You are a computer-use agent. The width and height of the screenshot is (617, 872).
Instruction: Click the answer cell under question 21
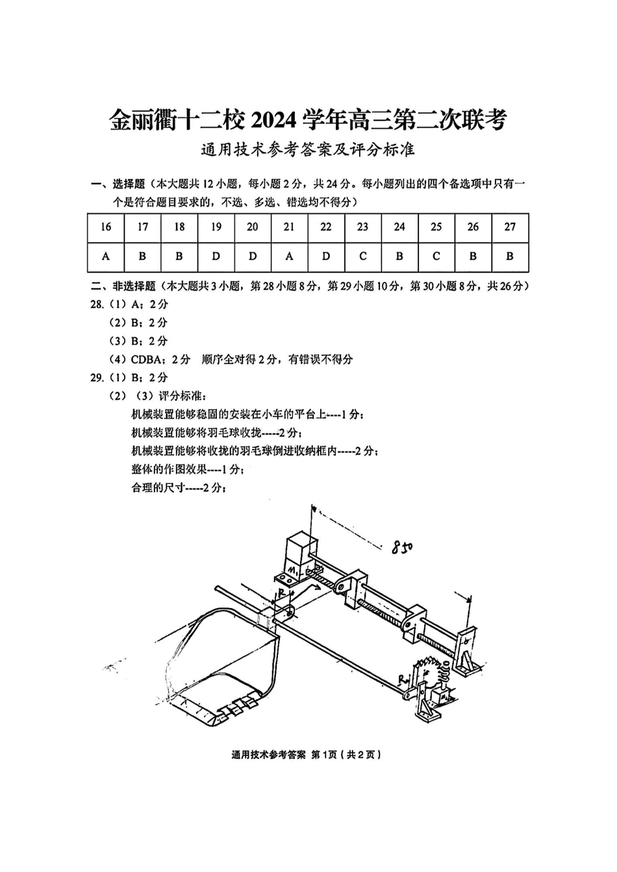289,257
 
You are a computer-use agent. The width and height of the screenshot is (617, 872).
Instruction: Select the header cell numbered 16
106,227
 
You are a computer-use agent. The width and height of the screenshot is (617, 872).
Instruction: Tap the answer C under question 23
362,257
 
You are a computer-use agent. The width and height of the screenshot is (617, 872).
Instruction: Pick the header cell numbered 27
510,227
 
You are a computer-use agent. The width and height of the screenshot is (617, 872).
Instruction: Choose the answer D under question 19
216,257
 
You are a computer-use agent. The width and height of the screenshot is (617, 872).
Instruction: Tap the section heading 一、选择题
118,185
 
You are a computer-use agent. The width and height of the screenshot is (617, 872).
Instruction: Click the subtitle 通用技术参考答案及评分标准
307,151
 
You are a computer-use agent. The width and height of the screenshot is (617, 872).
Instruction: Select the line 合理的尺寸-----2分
179,488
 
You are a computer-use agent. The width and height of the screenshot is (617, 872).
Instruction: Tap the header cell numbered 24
399,227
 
